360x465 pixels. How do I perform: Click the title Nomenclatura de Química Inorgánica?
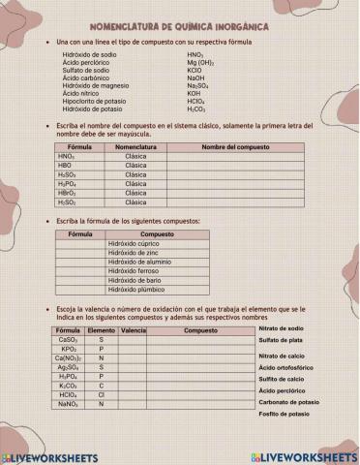coord(179,29)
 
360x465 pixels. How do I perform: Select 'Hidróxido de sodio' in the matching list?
coord(89,56)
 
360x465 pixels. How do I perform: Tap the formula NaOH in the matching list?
coord(196,78)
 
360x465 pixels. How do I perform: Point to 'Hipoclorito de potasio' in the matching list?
coord(93,101)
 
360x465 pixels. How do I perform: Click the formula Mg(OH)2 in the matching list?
coord(200,64)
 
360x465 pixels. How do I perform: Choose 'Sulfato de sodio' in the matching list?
coord(86,71)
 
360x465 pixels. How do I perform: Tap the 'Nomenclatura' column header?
coord(135,146)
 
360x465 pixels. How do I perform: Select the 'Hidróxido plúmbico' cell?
coord(136,289)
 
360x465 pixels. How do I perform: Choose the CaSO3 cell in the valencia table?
coord(68,340)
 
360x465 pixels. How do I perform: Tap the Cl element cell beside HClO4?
coord(101,394)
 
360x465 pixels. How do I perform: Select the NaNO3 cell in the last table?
coord(68,404)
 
